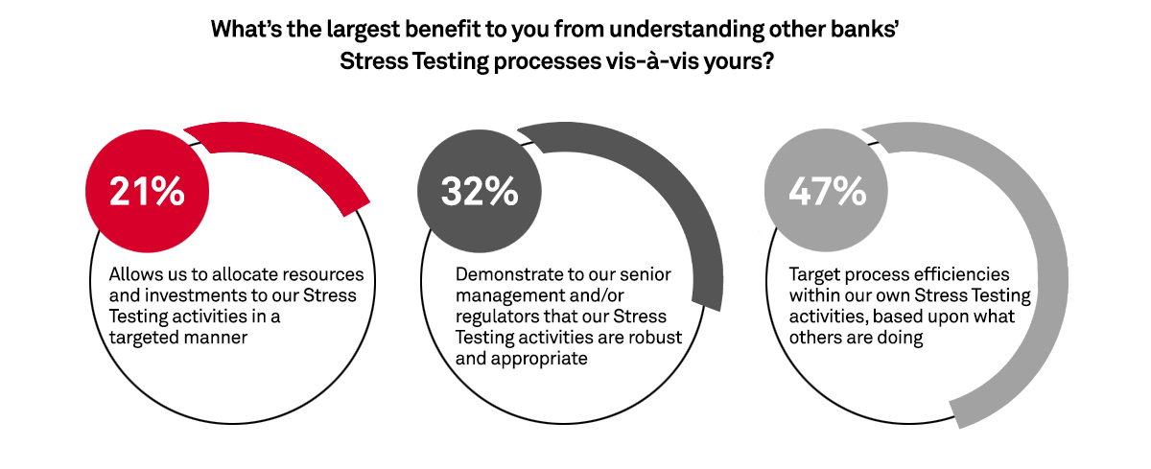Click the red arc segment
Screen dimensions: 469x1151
click(x=288, y=153)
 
